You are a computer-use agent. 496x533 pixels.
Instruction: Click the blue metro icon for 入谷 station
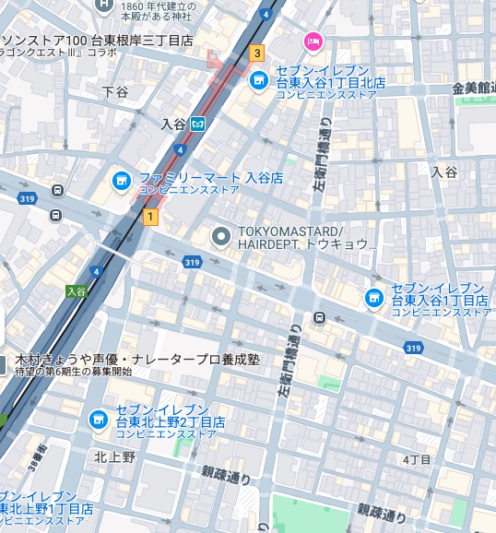click(198, 124)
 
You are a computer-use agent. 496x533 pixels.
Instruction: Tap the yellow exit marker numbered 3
click(256, 53)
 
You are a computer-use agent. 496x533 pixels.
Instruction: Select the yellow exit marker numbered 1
click(150, 216)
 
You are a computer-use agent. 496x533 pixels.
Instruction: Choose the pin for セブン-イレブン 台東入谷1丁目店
click(373, 297)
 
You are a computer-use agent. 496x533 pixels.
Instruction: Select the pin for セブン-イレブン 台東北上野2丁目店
click(97, 420)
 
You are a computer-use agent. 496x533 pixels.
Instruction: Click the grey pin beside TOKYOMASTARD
click(220, 237)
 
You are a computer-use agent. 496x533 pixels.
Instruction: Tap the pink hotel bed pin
click(313, 41)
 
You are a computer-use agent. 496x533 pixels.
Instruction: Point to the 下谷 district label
click(115, 92)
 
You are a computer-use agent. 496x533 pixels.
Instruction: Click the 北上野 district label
click(114, 456)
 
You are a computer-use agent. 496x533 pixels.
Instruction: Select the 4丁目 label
click(417, 459)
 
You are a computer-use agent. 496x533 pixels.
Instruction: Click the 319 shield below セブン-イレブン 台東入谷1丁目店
click(413, 347)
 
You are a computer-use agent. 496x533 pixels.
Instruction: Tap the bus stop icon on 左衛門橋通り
click(319, 318)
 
